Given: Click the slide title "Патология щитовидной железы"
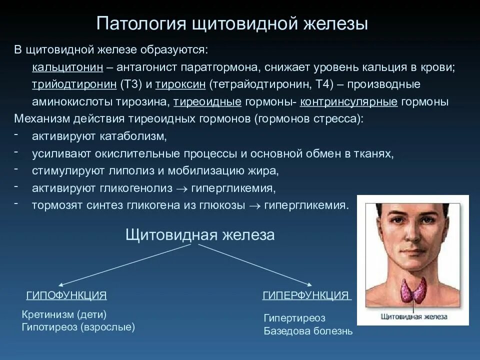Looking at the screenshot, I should coord(232,24).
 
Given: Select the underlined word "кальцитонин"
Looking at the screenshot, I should coord(67,67).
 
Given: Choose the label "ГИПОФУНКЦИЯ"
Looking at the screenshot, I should coord(66,295).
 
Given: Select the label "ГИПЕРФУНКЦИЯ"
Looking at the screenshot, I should coord(305,295).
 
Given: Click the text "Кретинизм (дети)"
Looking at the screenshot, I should coord(64,314).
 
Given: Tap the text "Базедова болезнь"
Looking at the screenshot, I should coord(308,331).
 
